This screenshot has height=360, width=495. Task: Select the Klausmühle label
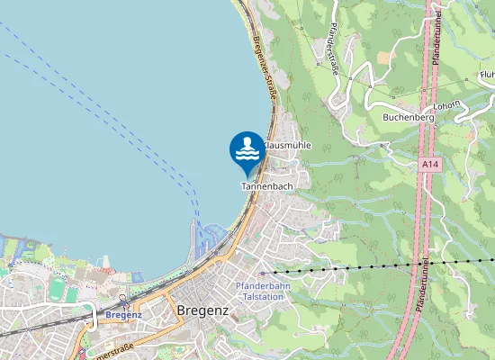(287, 145)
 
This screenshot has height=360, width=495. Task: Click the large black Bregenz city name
(202, 310)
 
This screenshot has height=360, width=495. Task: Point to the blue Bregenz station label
(123, 315)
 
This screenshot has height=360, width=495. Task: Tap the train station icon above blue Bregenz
(90, 307)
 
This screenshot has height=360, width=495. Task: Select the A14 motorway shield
(430, 165)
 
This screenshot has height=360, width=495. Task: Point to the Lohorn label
(447, 106)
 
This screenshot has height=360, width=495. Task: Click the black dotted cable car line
(360, 268)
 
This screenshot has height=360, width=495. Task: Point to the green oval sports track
(58, 289)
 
